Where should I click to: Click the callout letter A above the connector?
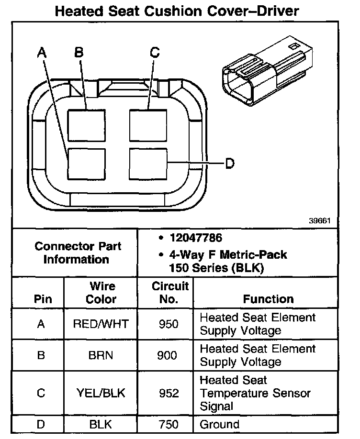pyautogui.click(x=42, y=53)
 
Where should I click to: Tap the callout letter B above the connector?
pyautogui.click(x=79, y=53)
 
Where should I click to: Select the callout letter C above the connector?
pyautogui.click(x=154, y=53)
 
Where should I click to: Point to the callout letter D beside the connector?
pyautogui.click(x=230, y=164)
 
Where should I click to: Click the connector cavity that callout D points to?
pyautogui.click(x=148, y=164)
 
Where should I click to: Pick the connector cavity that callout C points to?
pyautogui.click(x=148, y=126)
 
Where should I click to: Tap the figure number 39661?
pyautogui.click(x=320, y=221)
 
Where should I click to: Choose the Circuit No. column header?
pyautogui.click(x=170, y=293)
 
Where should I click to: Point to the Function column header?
pyautogui.click(x=268, y=299)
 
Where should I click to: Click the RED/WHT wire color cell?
pyautogui.click(x=101, y=324)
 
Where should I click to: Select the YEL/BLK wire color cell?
pyautogui.click(x=101, y=393)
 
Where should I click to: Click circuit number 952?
pyautogui.click(x=168, y=393)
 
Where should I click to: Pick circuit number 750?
pyautogui.click(x=168, y=424)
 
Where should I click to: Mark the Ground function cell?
pyautogui.click(x=219, y=424)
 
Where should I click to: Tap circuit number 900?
pyautogui.click(x=168, y=355)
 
